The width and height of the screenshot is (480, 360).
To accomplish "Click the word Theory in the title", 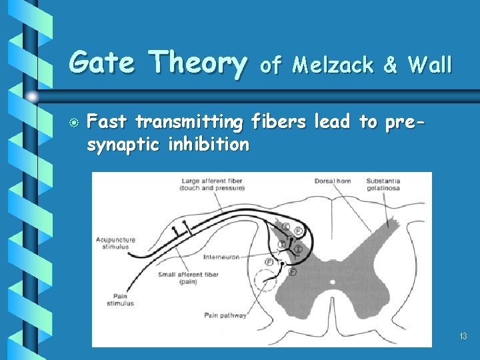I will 197,63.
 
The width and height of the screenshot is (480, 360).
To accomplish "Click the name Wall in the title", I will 429,65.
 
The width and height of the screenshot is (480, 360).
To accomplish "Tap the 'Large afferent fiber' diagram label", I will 211,184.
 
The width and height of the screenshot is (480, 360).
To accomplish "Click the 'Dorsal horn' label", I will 332,181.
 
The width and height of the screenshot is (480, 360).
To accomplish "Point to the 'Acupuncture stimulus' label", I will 115,243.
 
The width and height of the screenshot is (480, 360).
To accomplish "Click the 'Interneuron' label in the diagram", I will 221,256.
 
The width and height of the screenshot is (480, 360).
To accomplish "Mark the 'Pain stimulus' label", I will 120,299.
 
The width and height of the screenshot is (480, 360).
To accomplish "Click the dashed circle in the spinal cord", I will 265,280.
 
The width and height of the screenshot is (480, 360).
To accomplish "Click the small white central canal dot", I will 331,282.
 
